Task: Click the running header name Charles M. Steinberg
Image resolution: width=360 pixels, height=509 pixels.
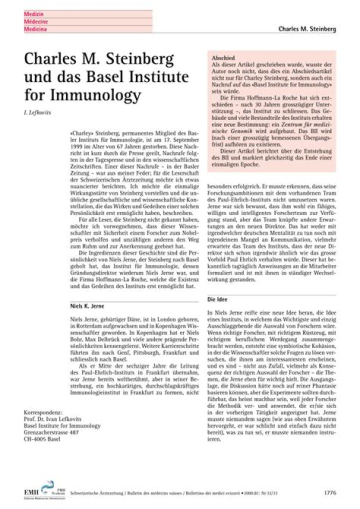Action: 307,29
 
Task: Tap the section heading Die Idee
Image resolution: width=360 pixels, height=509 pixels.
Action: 217,299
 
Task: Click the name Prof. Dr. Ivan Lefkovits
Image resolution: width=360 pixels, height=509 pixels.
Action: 55,419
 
